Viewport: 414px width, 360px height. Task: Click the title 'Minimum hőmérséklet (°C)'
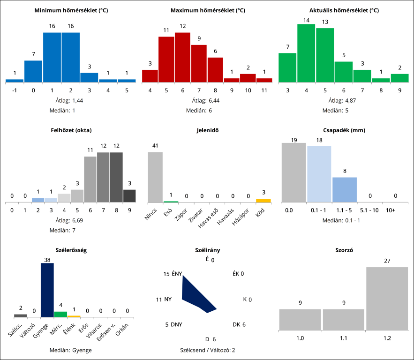71,10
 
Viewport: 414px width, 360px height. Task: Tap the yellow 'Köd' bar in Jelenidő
263,201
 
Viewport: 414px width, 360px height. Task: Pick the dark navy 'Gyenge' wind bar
47,290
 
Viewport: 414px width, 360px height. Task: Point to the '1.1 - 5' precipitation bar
345,190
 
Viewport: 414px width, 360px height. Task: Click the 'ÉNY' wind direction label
177,274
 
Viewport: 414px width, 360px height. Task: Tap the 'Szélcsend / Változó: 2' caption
207,350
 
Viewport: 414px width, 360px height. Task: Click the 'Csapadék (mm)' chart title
345,130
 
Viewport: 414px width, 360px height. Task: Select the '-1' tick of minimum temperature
15,90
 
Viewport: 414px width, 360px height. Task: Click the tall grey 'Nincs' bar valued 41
155,177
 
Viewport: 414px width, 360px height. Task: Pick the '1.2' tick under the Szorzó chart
387,337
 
